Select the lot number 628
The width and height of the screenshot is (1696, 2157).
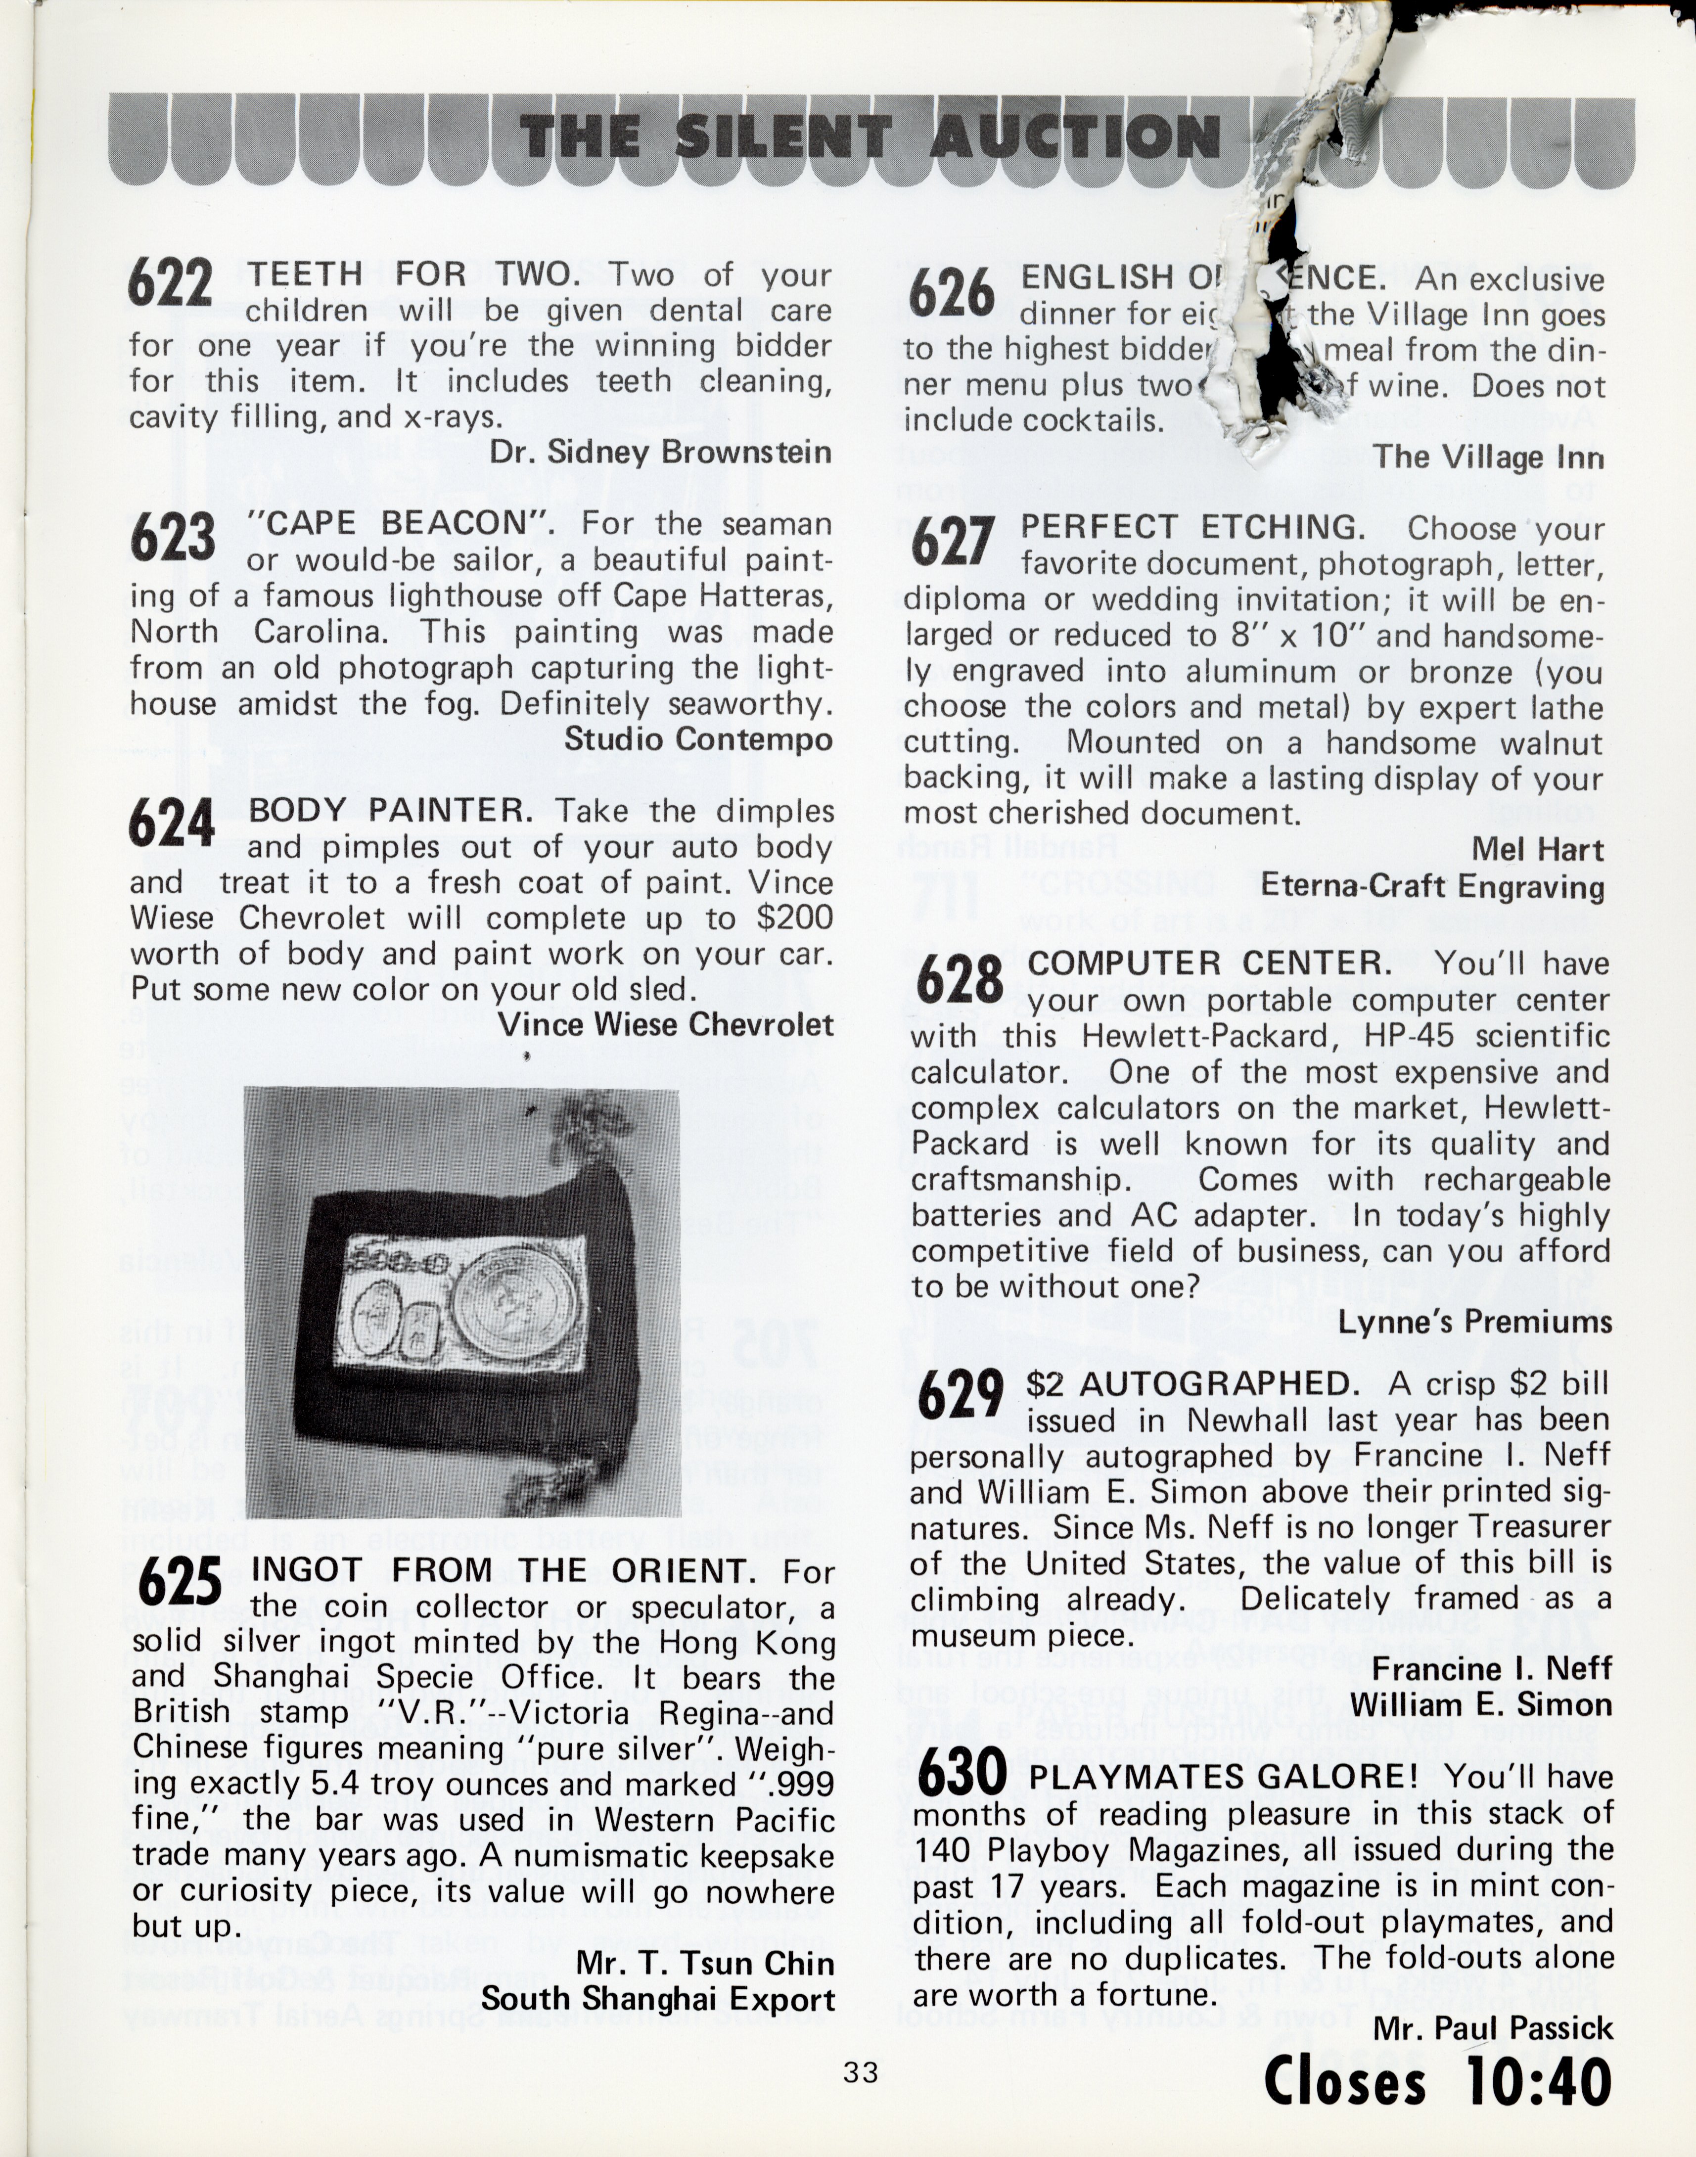point(959,979)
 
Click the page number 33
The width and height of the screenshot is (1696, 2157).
point(860,2072)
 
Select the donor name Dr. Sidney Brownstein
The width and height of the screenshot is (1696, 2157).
point(660,453)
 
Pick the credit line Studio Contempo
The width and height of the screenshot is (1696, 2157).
point(698,739)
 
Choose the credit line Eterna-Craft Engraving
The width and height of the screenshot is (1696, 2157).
point(1433,887)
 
